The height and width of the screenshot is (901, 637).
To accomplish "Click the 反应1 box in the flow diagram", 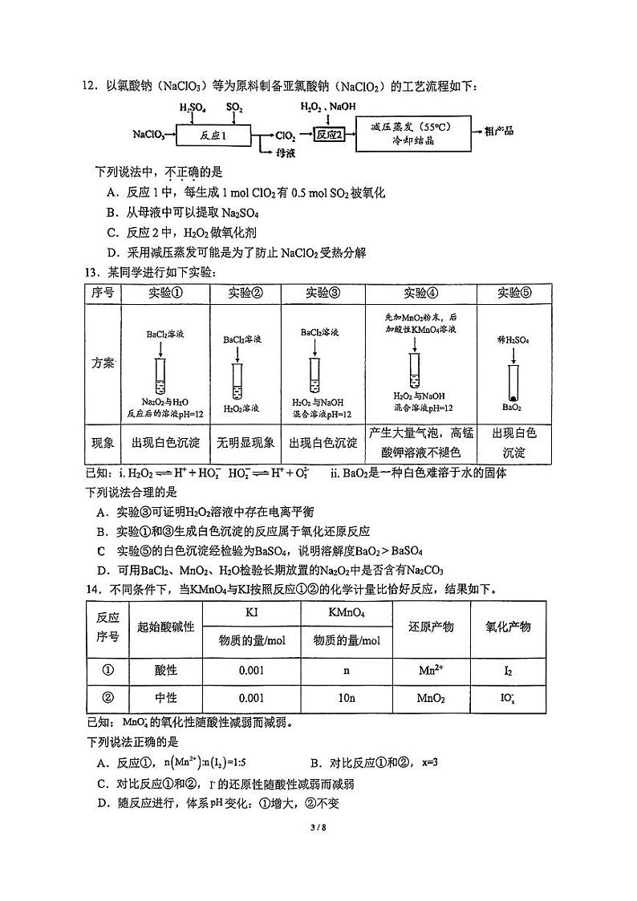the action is point(214,136).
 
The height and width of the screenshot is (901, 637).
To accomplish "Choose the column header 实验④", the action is point(420,293).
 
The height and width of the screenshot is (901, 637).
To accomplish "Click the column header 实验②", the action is point(245,293).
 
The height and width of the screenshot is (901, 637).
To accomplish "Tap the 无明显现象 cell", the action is point(245,443).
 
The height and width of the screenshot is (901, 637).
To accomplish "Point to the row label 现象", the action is point(103,443).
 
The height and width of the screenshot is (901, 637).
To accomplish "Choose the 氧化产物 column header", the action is point(508,627).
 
